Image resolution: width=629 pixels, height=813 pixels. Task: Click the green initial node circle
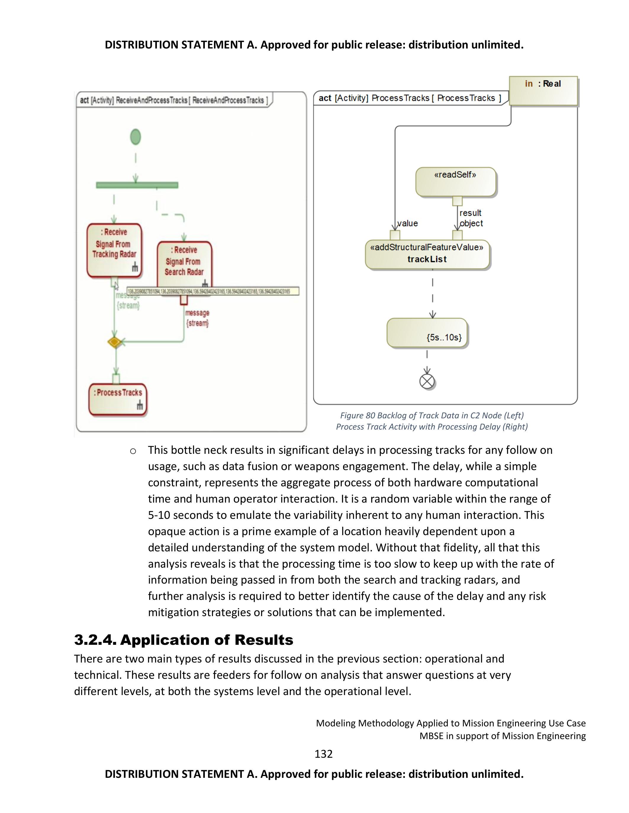pyautogui.click(x=136, y=137)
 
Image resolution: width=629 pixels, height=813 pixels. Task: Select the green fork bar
pyautogui.click(x=137, y=185)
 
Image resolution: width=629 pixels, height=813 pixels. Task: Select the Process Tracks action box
pyautogui.click(x=118, y=399)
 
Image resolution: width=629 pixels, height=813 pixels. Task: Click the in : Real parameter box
pyautogui.click(x=543, y=91)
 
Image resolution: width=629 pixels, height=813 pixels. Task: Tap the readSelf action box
pyautogui.click(x=455, y=182)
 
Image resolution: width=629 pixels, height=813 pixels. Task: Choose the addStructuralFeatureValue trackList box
pyautogui.click(x=427, y=254)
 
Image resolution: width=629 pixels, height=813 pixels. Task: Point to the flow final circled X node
pyautogui.click(x=427, y=381)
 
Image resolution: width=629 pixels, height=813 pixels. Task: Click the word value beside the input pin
pyautogui.click(x=408, y=223)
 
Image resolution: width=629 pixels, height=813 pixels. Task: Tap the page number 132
pyautogui.click(x=324, y=754)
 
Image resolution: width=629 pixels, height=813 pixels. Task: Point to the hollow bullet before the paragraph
pyautogui.click(x=133, y=451)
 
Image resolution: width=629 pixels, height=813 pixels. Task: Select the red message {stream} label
pyautogui.click(x=197, y=318)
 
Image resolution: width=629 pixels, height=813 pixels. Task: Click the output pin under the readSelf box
pyautogui.click(x=457, y=201)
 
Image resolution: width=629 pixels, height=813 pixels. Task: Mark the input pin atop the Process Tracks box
pyautogui.click(x=116, y=379)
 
